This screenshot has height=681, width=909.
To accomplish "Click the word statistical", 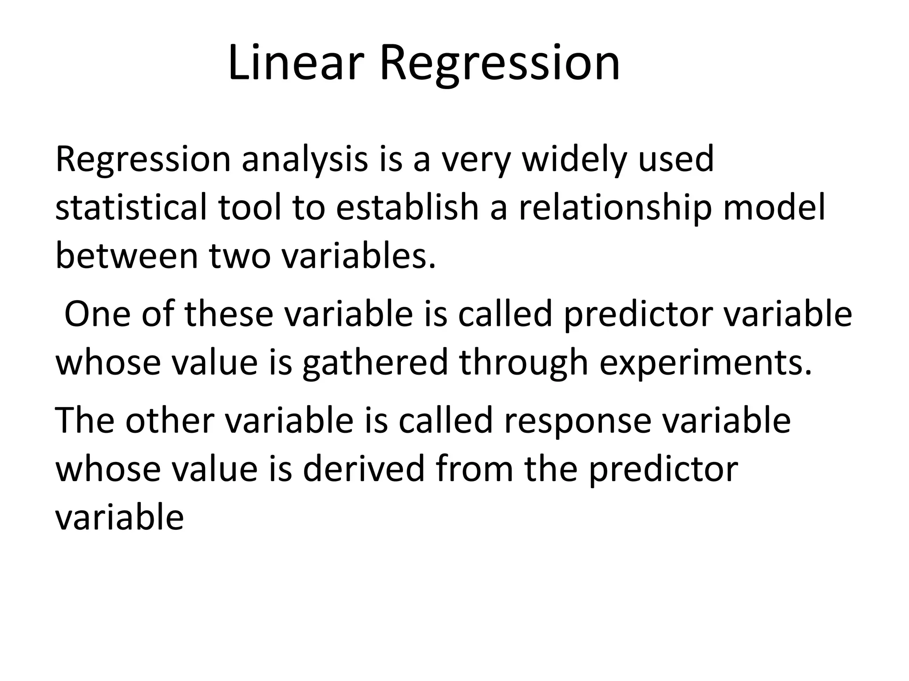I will pyautogui.click(x=131, y=207).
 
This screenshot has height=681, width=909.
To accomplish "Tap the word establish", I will pyautogui.click(x=407, y=207).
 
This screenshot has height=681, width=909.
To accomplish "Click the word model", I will pyautogui.click(x=774, y=207).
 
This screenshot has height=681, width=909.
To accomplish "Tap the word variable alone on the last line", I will pyautogui.click(x=119, y=517).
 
